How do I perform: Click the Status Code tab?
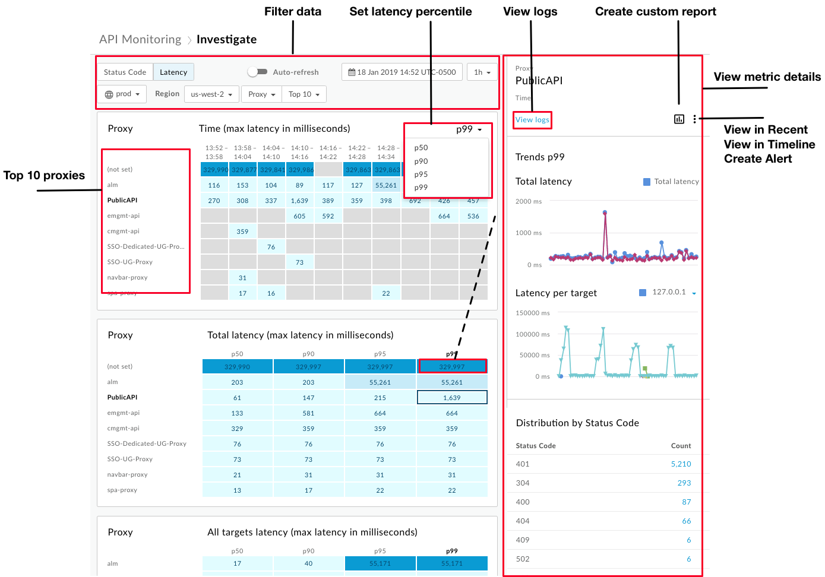[125, 72]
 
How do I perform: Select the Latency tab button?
[173, 72]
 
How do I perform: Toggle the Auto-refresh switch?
[257, 72]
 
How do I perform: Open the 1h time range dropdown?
[482, 72]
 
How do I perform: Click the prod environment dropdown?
[122, 94]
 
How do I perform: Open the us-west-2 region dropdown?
[212, 94]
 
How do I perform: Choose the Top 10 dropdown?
[304, 94]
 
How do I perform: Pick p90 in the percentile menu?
[421, 161]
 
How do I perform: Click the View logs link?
[532, 120]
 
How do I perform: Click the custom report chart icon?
[679, 119]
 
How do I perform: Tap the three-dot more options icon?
[694, 119]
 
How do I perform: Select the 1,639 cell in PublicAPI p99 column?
[452, 398]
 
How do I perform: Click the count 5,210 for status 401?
[681, 464]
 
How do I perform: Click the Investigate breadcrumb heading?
[226, 40]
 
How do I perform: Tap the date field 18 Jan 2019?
[402, 72]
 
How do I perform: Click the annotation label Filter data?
[292, 12]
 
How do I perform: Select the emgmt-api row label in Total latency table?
[124, 413]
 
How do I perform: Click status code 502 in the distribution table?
[523, 559]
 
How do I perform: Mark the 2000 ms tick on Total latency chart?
[528, 202]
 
